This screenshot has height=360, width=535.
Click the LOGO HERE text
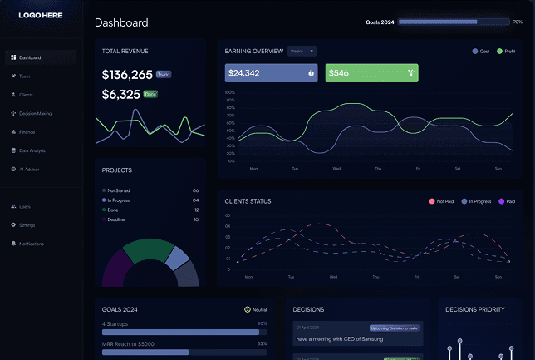[x=41, y=15]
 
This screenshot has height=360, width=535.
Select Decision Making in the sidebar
[x=35, y=113]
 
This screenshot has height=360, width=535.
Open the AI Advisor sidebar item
[x=29, y=169]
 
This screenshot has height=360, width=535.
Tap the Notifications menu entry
[x=31, y=244]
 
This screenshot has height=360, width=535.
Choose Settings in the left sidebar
[x=27, y=224]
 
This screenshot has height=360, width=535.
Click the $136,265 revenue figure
[x=127, y=74]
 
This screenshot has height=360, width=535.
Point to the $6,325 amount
[x=120, y=95]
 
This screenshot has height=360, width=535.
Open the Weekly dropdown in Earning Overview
[x=302, y=51]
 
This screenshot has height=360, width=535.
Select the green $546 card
[x=371, y=73]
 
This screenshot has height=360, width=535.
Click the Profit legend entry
[x=506, y=52]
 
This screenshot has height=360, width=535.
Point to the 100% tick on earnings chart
[x=230, y=92]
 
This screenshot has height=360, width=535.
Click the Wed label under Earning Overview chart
[x=336, y=168]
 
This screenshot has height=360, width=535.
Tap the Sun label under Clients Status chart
[x=498, y=276]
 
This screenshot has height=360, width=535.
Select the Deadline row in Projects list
[x=116, y=219]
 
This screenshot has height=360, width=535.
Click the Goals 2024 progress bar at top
[x=454, y=22]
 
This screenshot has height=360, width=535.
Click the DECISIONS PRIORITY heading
[x=474, y=309]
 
